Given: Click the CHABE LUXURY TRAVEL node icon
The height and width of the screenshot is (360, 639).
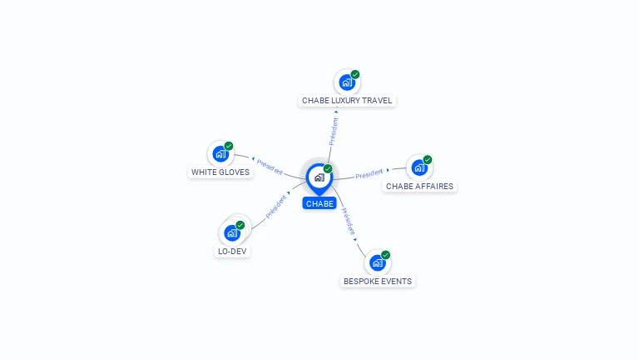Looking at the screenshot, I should (347, 82).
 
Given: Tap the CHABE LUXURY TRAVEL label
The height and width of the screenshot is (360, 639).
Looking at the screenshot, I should (347, 101).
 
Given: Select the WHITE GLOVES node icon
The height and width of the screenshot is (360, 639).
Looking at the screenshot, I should (220, 154).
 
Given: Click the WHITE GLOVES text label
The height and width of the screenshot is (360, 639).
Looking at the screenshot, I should (220, 172).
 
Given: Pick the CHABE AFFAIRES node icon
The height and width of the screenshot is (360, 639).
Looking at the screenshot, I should (419, 167).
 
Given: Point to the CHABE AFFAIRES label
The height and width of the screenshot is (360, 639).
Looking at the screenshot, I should (419, 187).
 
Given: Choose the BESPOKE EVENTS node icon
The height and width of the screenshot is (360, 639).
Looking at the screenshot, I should (377, 262).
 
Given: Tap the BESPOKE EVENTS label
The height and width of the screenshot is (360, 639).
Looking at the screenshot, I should (378, 282).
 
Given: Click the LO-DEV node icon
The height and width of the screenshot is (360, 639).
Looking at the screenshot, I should (232, 232).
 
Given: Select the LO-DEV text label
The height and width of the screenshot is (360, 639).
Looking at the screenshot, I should (232, 252).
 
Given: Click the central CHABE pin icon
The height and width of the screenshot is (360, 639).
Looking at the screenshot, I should (319, 177).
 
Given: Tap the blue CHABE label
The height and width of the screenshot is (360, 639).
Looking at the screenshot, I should (319, 203).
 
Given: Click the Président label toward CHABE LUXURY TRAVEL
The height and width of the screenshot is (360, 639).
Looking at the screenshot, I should (334, 131).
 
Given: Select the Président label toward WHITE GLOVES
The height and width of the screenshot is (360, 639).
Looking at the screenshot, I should (270, 165).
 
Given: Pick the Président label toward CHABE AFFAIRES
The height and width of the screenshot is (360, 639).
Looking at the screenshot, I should (369, 174).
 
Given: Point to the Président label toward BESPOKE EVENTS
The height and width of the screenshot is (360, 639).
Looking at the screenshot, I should (349, 222).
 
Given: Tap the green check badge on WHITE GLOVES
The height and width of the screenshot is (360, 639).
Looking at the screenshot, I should (229, 146).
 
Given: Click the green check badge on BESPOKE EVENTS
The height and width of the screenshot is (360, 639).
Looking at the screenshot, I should (385, 255).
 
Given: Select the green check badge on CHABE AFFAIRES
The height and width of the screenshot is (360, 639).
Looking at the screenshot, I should (428, 159).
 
